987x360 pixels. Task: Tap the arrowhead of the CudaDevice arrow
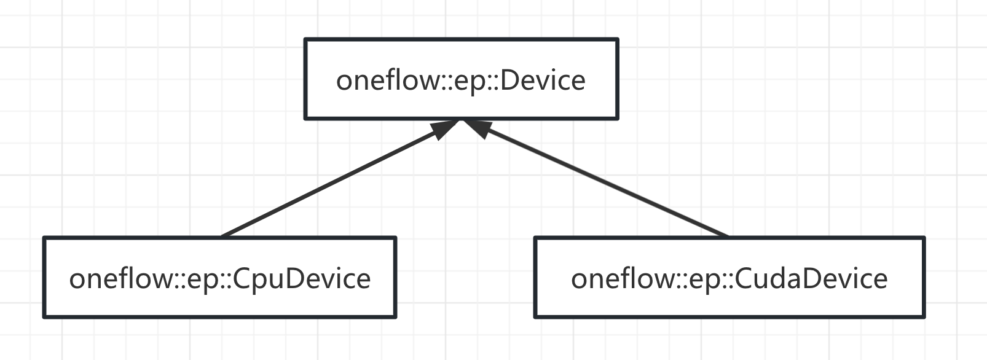[x=477, y=128]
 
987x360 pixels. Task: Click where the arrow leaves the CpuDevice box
[x=222, y=236]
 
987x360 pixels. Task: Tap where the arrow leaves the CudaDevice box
[x=728, y=236]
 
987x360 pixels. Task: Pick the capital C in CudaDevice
[x=745, y=279]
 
